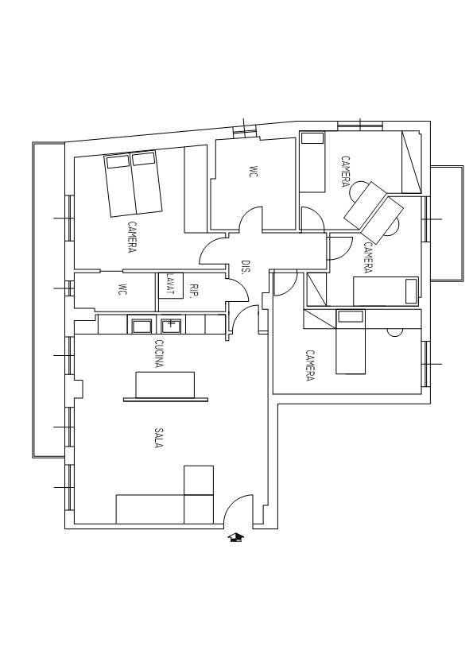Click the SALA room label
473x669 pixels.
coord(158,438)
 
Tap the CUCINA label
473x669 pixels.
coord(159,354)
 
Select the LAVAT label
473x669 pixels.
coord(170,284)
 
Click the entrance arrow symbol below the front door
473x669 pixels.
coord(235,537)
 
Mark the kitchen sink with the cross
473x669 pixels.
coord(172,325)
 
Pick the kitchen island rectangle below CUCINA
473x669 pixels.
coord(165,385)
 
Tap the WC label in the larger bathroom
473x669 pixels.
coord(253,172)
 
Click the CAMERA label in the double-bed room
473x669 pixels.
coord(132,237)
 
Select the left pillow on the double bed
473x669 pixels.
coord(118,162)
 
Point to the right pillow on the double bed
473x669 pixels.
coord(143,159)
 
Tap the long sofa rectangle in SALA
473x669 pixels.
coord(149,509)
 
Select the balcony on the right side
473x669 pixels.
coord(447,223)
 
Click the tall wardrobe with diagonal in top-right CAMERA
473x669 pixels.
coord(412,162)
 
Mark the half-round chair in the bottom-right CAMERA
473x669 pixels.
coord(395,333)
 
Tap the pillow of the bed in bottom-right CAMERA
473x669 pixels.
coord(350,316)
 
